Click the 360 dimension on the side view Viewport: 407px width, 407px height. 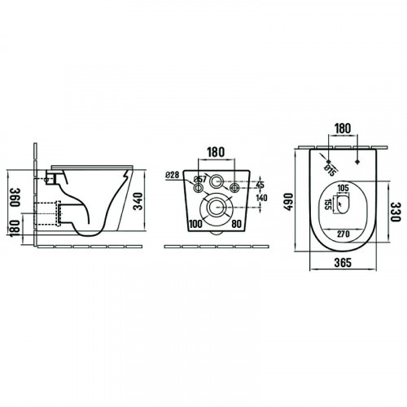[x=15, y=197]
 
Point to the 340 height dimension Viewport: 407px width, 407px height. [x=138, y=201]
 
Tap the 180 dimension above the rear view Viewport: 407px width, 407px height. [x=216, y=152]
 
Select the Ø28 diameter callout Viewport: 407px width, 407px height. [x=173, y=175]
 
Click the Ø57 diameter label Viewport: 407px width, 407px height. [x=200, y=179]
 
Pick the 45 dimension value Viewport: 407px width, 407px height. [x=260, y=185]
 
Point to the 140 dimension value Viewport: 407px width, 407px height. [x=261, y=198]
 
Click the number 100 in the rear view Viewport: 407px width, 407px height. [x=195, y=224]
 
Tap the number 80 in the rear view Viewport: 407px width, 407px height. [x=236, y=224]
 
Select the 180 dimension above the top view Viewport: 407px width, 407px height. [x=343, y=129]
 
